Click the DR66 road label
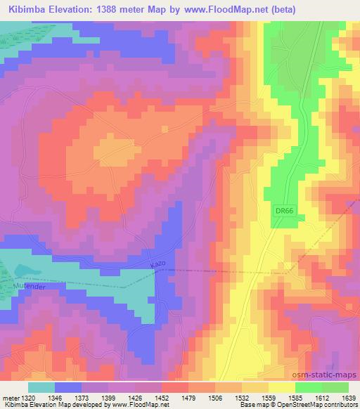tap(282, 211)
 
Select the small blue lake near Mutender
tap(25, 271)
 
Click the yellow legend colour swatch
tap(281, 387)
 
